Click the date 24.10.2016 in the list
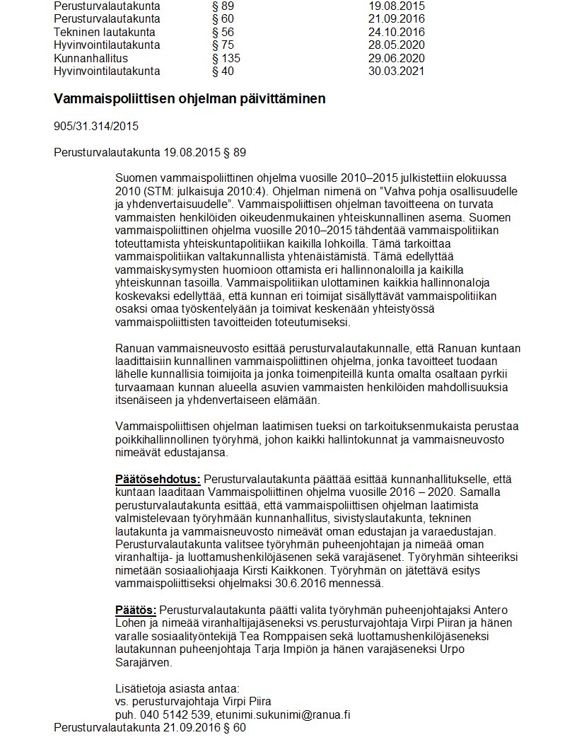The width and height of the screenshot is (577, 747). click(396, 32)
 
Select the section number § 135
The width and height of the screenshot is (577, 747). click(226, 58)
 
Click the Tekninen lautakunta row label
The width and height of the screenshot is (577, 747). click(105, 32)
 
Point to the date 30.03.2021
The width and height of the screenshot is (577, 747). click(396, 71)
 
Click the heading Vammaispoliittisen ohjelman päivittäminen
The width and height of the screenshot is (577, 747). click(190, 99)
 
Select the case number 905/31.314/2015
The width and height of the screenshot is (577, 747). click(96, 127)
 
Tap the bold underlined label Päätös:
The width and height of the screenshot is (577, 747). click(136, 610)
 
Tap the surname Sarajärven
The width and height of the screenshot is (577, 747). click(144, 662)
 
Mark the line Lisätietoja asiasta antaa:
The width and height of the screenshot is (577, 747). click(177, 688)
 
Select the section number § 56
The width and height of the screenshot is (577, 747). click(223, 32)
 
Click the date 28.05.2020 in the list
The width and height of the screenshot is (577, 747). click(396, 45)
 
